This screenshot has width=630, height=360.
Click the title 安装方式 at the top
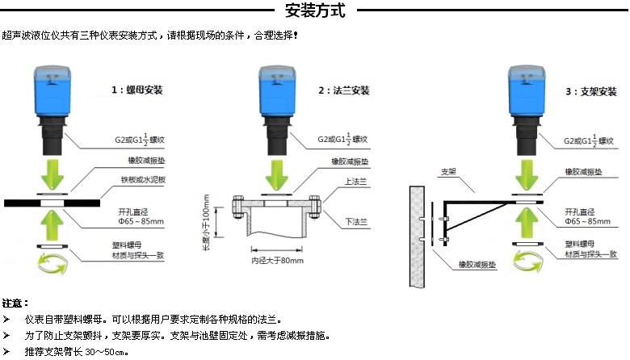[315, 10]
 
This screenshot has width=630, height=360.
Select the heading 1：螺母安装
[136, 90]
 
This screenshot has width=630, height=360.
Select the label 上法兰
[354, 183]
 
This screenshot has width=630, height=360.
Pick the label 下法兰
[354, 220]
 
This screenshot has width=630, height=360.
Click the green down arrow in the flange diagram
[276, 172]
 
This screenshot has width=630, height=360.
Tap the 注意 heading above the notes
[15, 303]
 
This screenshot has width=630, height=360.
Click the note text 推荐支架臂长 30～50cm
[77, 353]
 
